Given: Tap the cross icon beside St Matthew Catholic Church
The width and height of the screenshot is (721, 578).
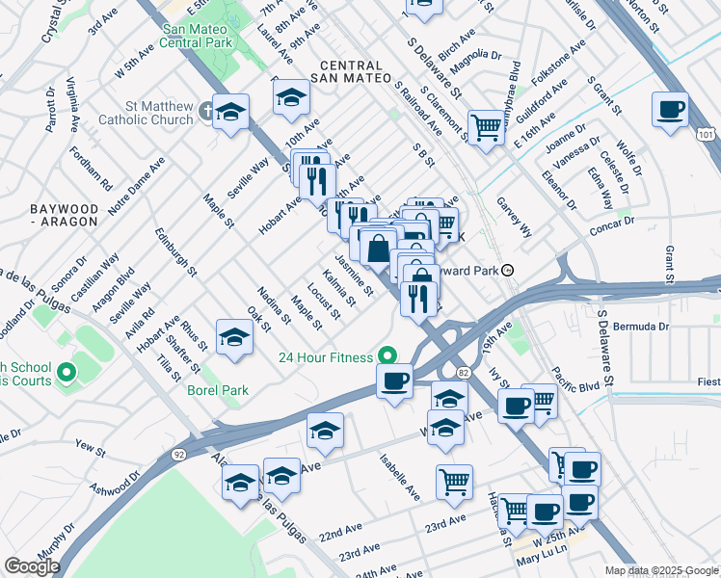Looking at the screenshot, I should [x=205, y=110].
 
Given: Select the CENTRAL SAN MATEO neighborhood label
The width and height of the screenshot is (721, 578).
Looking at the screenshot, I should [x=351, y=70].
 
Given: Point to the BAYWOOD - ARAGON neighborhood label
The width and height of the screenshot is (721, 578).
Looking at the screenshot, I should [x=64, y=215].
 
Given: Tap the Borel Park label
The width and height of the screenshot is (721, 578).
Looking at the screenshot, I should [x=218, y=390].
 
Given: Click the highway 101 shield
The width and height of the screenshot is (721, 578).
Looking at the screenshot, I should [x=708, y=136].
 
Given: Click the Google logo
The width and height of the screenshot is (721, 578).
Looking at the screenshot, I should [x=32, y=566].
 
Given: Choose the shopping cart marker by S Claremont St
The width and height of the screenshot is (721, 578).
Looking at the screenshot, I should [x=487, y=126].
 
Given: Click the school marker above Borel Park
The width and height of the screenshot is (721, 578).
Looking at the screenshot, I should [x=233, y=337].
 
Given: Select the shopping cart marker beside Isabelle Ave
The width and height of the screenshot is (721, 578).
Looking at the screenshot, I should [x=454, y=482].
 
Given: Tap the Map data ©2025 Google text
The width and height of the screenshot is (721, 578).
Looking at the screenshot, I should [x=660, y=570].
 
